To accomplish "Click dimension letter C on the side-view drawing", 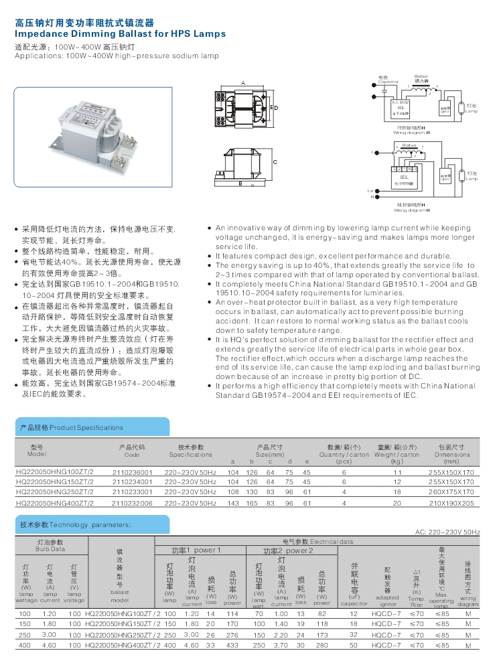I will click(275, 163).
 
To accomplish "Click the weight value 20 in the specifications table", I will click(397, 502).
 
